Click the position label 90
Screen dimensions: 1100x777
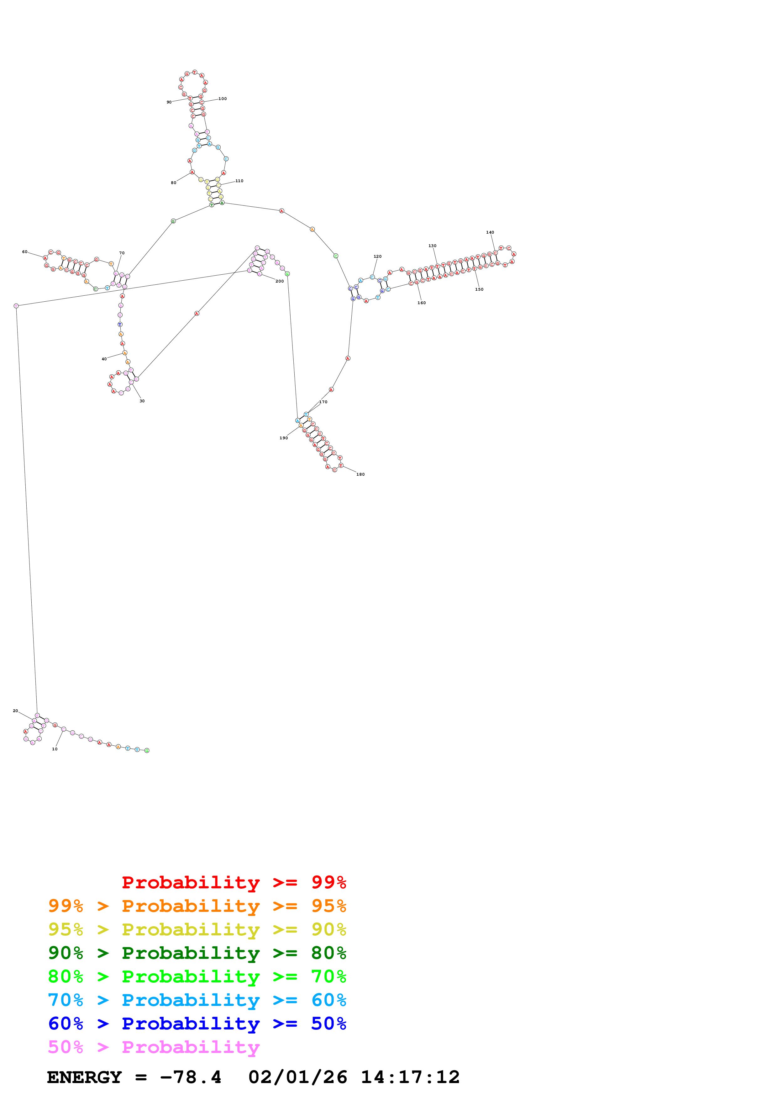(x=169, y=102)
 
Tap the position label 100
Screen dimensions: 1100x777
(x=223, y=99)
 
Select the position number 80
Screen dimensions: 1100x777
(x=173, y=182)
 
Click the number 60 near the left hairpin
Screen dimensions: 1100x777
(x=24, y=251)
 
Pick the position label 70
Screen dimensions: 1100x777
(x=122, y=253)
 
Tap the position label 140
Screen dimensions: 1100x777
(x=490, y=232)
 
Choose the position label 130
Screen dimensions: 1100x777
(x=432, y=246)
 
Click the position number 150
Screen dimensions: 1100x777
(x=479, y=289)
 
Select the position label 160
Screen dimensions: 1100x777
(x=421, y=303)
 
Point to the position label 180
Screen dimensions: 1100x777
(x=360, y=474)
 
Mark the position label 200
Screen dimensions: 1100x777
(x=280, y=281)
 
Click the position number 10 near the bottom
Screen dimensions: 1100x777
(x=55, y=749)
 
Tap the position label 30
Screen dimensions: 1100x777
(x=142, y=401)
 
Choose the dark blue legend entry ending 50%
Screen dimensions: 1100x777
(x=197, y=1023)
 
